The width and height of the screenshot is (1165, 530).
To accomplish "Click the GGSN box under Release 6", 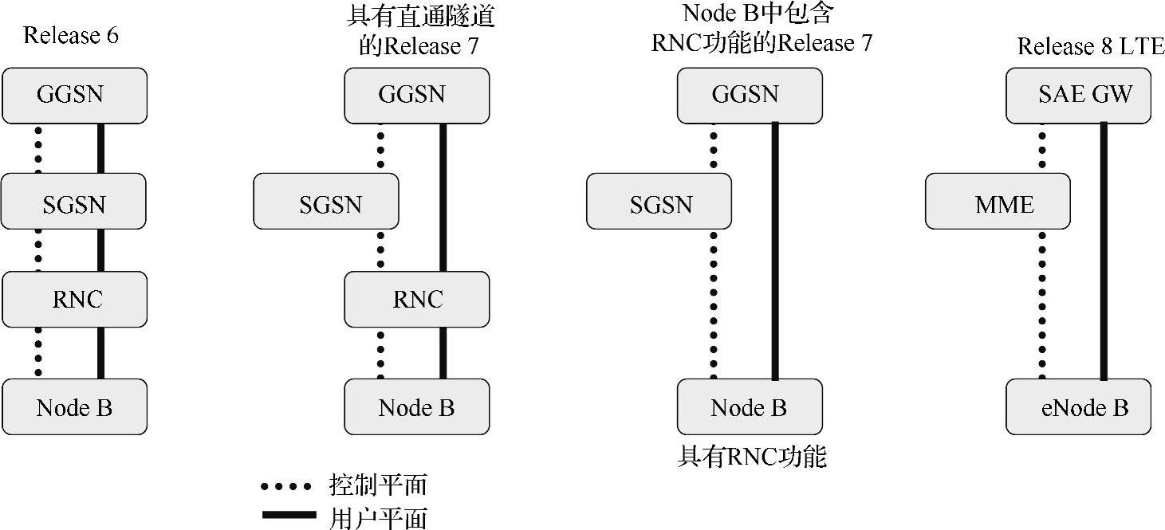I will (74, 96).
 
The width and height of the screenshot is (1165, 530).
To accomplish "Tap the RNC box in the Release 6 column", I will (75, 299).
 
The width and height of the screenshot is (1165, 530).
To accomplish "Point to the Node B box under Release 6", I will (74, 407).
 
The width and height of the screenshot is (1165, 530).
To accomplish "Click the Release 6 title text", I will (71, 36).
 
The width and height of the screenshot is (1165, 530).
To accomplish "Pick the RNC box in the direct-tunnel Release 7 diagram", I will (416, 299).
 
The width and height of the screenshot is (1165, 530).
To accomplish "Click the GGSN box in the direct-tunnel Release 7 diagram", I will (416, 96).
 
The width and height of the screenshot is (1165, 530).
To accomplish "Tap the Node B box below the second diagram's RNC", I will (416, 407).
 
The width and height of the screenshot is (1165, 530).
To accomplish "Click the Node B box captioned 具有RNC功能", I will (749, 407).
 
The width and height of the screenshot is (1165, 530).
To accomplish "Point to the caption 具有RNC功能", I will (752, 457).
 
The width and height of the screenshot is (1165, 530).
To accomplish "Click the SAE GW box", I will (1078, 96).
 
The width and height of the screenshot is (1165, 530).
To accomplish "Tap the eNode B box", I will (1078, 407).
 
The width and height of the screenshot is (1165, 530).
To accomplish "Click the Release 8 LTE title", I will (1090, 46).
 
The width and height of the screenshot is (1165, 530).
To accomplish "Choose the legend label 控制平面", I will (377, 485).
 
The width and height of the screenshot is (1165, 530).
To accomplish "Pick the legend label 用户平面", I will (377, 516).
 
